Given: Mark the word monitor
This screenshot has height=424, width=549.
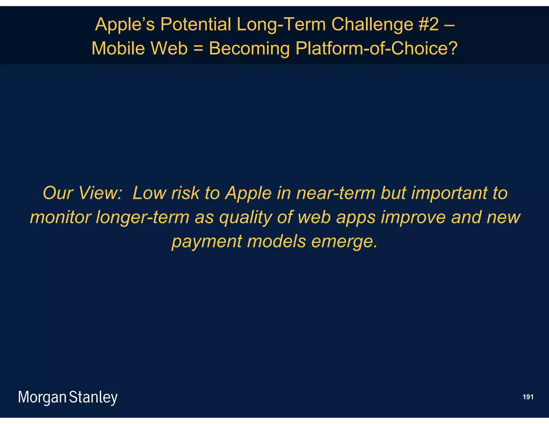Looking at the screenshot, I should pos(60,217).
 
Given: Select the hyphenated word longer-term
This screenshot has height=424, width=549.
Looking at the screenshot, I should pos(142,217).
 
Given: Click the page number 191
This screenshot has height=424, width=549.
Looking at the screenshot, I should pos(528,397).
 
